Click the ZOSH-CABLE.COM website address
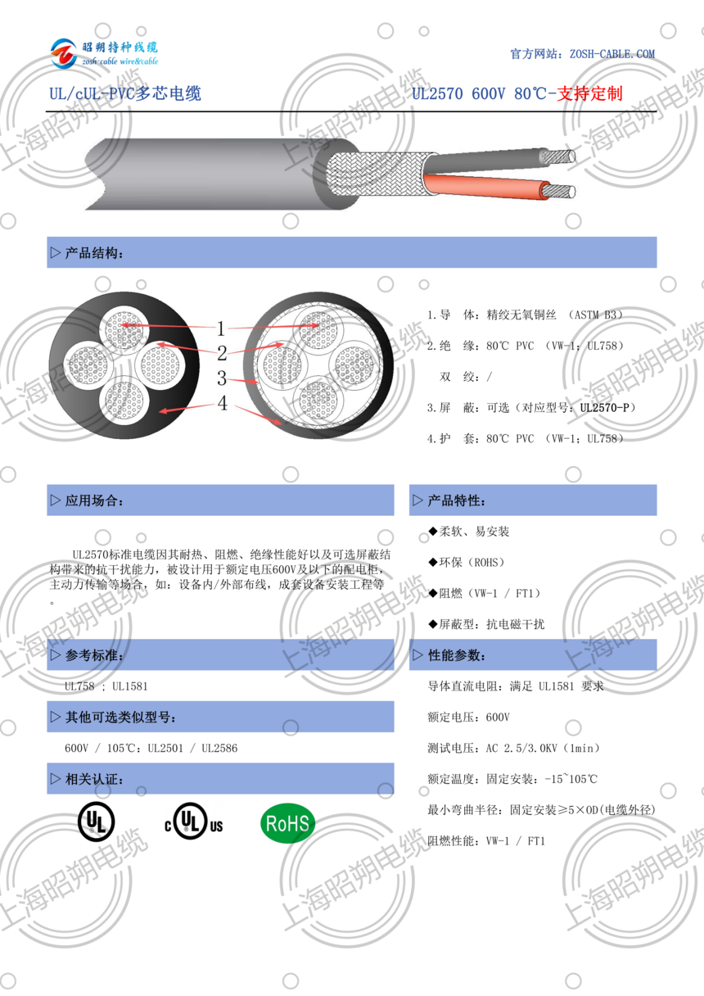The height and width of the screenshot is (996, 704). (x=606, y=54)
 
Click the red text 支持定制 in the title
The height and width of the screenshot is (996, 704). (x=589, y=93)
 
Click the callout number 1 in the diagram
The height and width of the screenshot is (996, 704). (x=221, y=329)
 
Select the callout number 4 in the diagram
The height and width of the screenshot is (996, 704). (x=222, y=403)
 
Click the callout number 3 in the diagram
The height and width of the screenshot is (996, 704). (x=222, y=378)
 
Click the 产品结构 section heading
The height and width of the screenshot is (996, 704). (x=95, y=253)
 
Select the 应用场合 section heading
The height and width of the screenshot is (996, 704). (x=95, y=500)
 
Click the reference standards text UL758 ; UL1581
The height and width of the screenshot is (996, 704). (x=106, y=686)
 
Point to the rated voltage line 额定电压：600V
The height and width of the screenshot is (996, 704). (x=468, y=718)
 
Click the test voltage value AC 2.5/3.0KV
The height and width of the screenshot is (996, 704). (x=525, y=749)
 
